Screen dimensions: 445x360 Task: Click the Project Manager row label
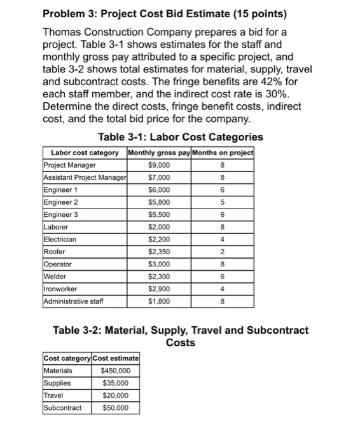pyautogui.click(x=69, y=165)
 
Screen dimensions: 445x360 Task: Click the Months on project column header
pyautogui.click(x=221, y=153)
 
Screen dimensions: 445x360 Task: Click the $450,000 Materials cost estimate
pyautogui.click(x=116, y=371)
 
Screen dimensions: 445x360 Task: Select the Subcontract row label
pyautogui.click(x=62, y=407)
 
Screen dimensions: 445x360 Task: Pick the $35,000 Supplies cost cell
pyautogui.click(x=116, y=383)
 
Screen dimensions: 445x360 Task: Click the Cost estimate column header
pyautogui.click(x=116, y=359)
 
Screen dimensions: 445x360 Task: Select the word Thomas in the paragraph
pyautogui.click(x=66, y=32)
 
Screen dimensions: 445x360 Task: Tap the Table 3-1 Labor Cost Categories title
pyautogui.click(x=181, y=137)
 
